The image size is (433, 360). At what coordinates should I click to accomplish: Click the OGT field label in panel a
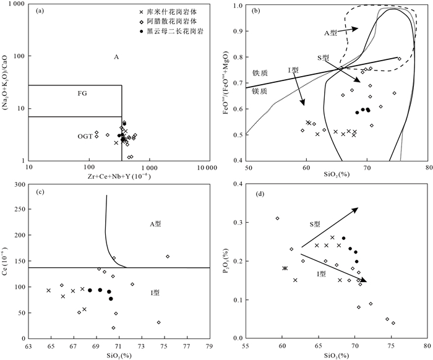coord(85,135)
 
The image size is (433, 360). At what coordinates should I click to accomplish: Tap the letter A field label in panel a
coord(116,57)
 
